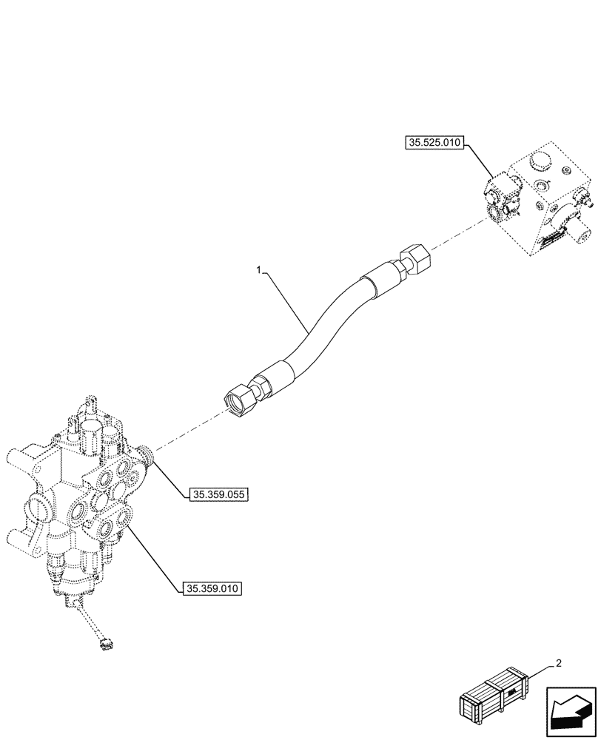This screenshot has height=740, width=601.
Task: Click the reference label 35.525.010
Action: point(434,143)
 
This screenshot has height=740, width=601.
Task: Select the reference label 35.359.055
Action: point(218,494)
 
